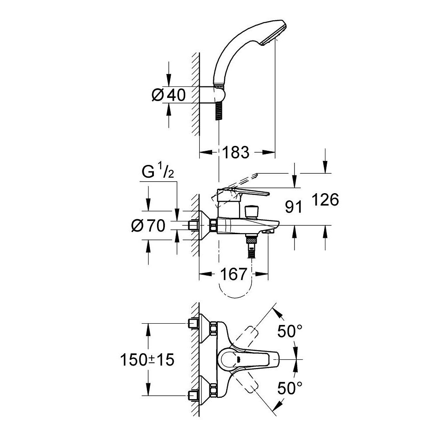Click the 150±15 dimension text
(x=147, y=359)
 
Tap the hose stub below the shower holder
(x=218, y=111)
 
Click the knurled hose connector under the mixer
(x=251, y=241)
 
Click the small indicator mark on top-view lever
(x=239, y=359)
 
